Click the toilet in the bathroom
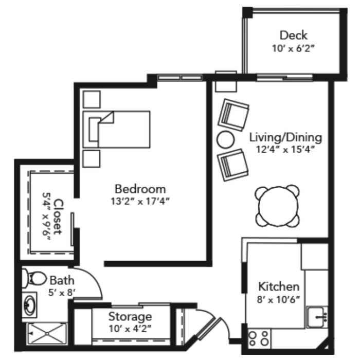[x=34, y=278]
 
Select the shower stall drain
[x=47, y=333]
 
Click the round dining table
[x=278, y=206]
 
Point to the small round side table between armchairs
[x=226, y=139]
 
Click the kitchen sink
[x=317, y=317]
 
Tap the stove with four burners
[x=259, y=338]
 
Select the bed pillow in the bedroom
[x=95, y=129]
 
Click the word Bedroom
[x=140, y=189]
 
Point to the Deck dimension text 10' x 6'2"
[x=293, y=48]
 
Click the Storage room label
[x=130, y=317]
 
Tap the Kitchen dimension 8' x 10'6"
[x=279, y=299]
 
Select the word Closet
[x=58, y=217]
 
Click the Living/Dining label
[x=285, y=137]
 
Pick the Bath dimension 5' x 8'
[x=62, y=293]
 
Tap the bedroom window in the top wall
[x=180, y=77]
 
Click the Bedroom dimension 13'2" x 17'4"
[x=140, y=202]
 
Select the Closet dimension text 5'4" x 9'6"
[x=46, y=217]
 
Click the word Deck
[x=293, y=35]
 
